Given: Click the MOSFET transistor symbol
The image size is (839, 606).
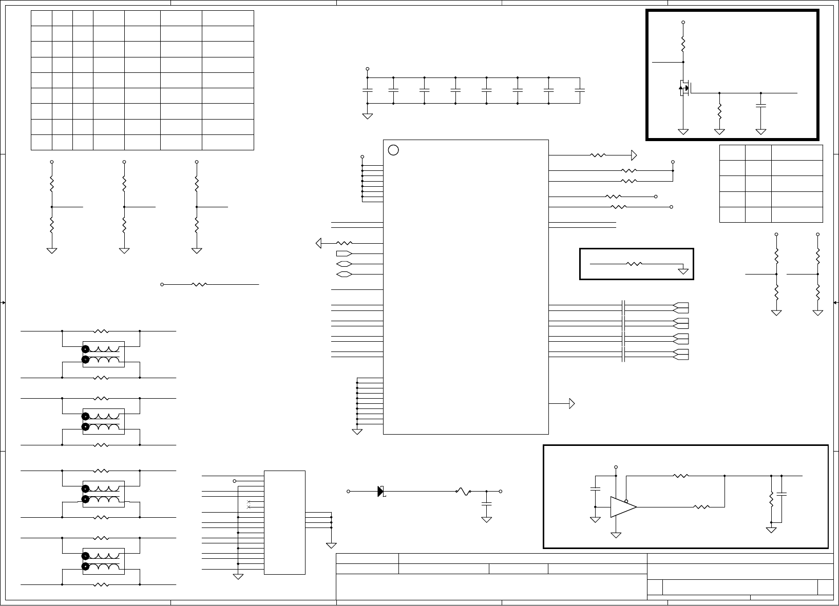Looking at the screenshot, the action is coord(684,88).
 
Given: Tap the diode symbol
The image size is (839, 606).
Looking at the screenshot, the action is coord(380,491).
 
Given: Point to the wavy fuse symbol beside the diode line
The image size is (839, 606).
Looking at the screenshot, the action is coord(464,492).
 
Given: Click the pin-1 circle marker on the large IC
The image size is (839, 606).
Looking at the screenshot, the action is coord(393,150).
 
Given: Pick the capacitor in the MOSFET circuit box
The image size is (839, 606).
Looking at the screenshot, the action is coord(761,106).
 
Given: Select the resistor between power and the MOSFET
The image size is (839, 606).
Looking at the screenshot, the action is coord(683,44).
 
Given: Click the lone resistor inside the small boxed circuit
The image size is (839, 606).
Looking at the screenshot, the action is coord(635,264).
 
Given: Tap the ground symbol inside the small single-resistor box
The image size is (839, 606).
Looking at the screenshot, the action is coord(683,271).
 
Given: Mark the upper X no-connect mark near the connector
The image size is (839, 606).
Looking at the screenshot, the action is coord(249,501).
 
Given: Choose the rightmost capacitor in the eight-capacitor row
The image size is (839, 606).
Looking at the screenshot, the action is coord(580,90).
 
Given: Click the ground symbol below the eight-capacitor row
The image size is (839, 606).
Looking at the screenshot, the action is coord(367,116).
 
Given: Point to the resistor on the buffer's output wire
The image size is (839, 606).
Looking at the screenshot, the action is coord(701,507).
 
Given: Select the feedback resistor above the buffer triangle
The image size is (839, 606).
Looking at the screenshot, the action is coord(680,476).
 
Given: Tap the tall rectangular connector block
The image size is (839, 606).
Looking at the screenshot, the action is coord(284,522).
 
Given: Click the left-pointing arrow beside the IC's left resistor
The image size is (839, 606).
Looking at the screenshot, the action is coord(319,243).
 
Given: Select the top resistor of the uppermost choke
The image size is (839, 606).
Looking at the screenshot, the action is coord(102,331).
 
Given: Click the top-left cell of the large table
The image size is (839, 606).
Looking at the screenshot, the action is coord(42,18).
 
